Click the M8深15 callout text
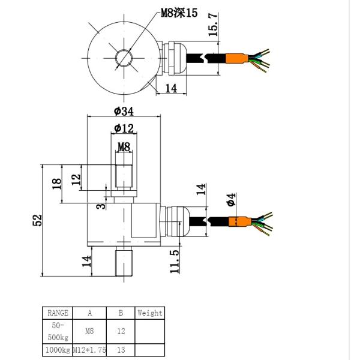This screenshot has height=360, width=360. pos(179,13)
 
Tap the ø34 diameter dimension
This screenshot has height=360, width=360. pos(123,111)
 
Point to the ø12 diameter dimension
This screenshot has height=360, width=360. pos(124,128)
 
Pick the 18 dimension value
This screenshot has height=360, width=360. pos(57,184)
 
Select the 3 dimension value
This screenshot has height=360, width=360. pos(101,206)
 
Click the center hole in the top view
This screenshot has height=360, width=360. pos(124,58)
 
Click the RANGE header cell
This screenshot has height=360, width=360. pos(58,313)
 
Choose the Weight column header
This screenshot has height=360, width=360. pos(149,313)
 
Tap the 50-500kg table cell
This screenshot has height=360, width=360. pos(58,330)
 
